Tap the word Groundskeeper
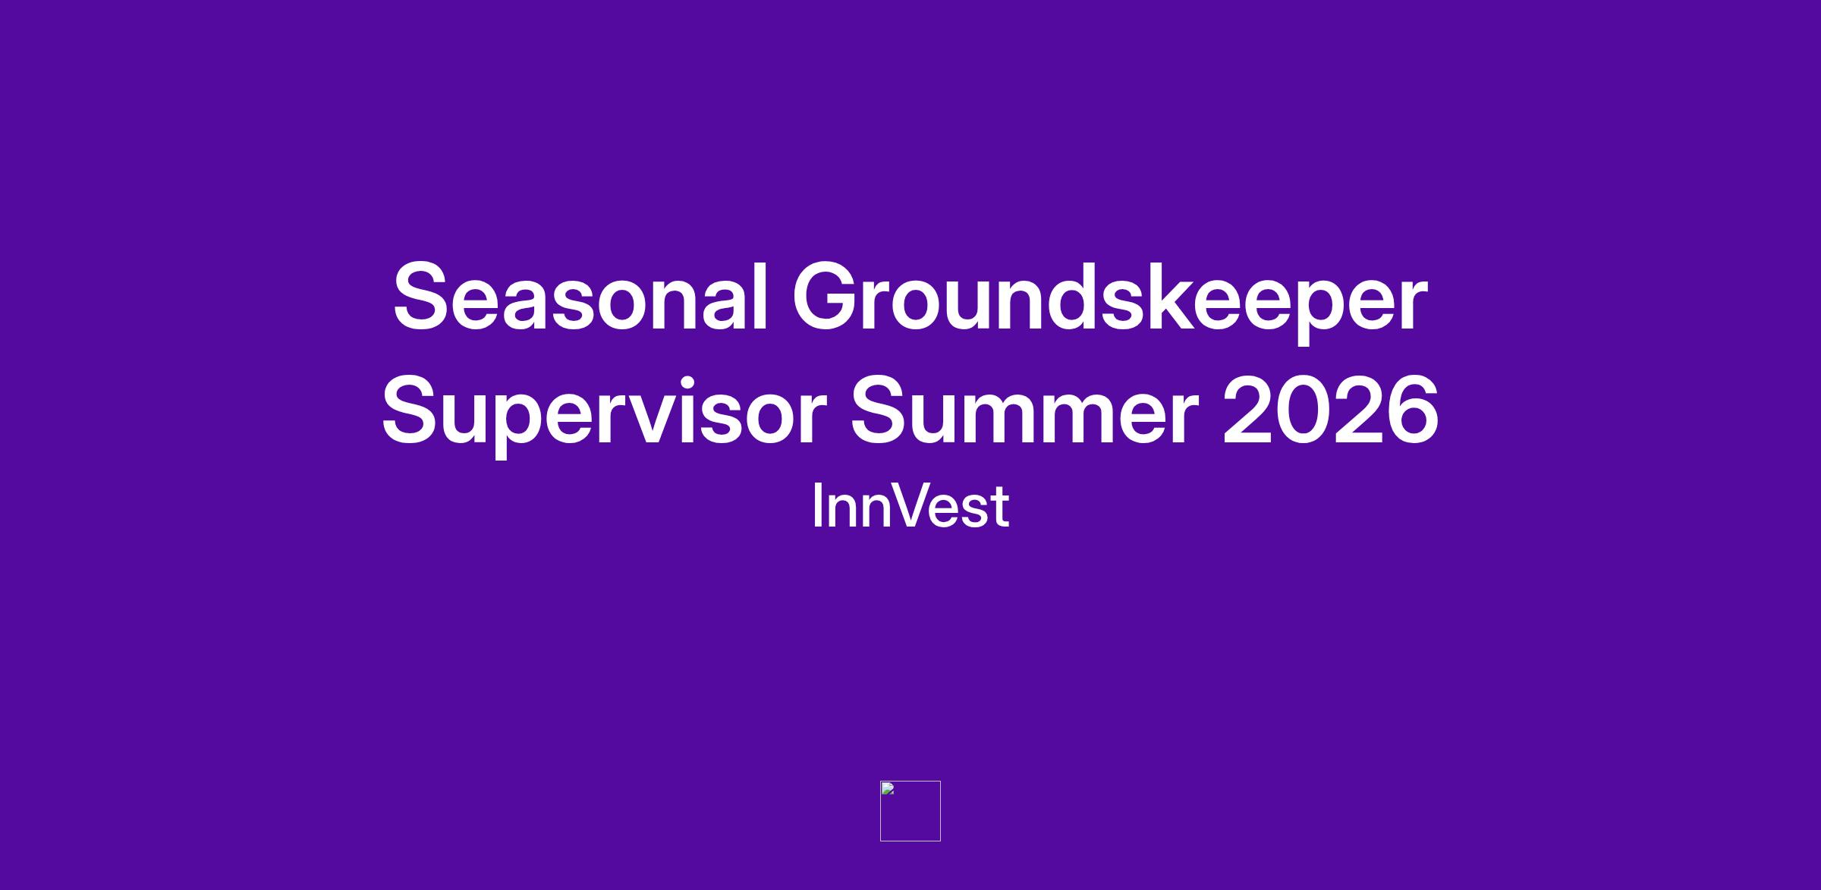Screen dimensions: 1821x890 (1110, 301)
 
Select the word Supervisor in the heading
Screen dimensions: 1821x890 (604, 414)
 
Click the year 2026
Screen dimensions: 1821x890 (1330, 410)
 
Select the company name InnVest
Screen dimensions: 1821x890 (910, 505)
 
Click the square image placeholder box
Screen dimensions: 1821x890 (910, 811)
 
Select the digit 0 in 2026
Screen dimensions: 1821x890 (1304, 410)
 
